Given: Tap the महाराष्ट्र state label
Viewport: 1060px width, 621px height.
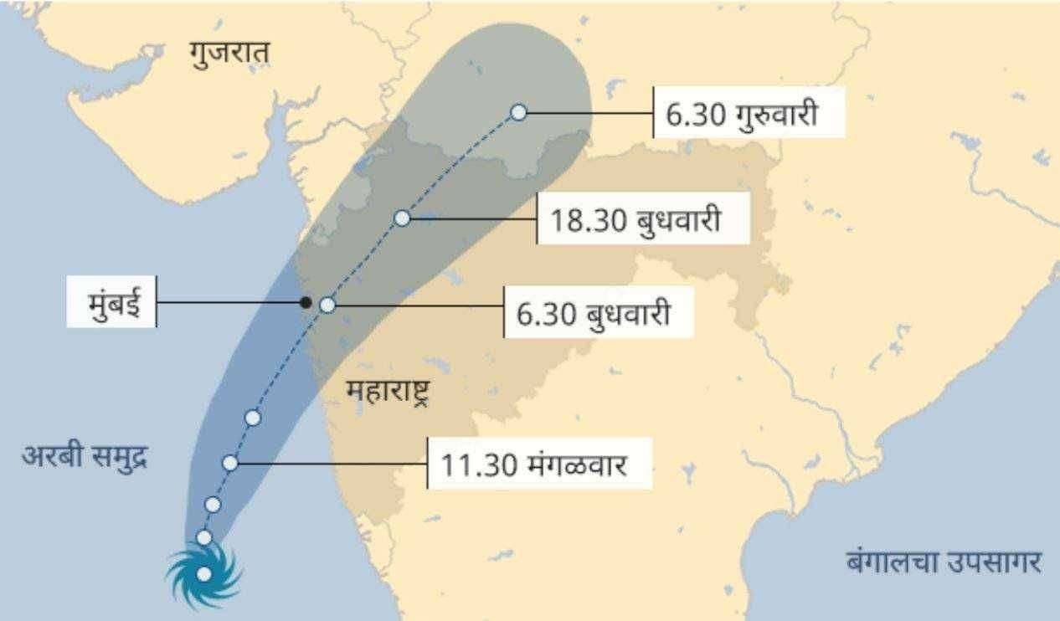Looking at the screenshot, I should tap(387, 391).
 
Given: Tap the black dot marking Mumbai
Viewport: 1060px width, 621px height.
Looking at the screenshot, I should tap(306, 302).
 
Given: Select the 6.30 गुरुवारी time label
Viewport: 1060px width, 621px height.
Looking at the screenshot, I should tap(749, 112).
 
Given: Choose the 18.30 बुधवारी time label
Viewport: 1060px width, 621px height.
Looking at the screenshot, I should tap(643, 219).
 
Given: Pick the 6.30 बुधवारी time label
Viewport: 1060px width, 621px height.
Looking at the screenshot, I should tap(599, 314).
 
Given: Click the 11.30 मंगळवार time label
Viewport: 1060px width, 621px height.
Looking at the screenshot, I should tap(539, 463).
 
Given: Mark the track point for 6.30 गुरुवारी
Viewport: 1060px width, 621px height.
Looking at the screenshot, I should tap(518, 112).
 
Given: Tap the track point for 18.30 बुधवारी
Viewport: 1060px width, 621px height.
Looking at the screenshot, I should tap(402, 218).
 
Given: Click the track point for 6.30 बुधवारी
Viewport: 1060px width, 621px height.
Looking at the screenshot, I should tap(327, 305).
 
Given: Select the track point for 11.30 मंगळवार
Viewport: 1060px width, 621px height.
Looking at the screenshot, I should tap(231, 463).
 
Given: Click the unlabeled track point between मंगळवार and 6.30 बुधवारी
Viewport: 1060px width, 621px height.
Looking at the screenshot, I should tap(253, 418).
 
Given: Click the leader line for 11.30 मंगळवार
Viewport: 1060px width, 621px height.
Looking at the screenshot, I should tap(331, 462).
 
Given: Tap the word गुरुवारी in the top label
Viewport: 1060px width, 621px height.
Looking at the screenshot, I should tap(776, 112).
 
